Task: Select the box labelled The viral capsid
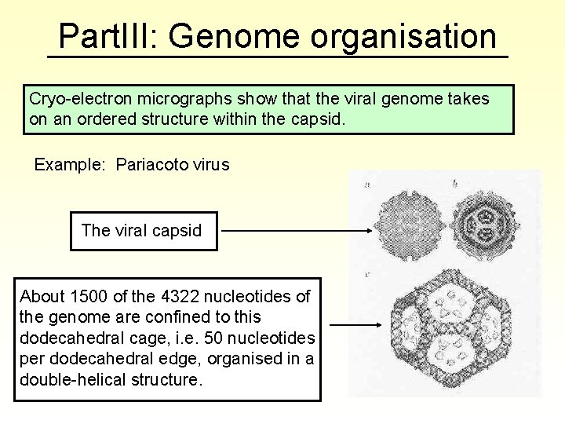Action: pyautogui.click(x=143, y=230)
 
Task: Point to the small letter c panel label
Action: pyautogui.click(x=368, y=276)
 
